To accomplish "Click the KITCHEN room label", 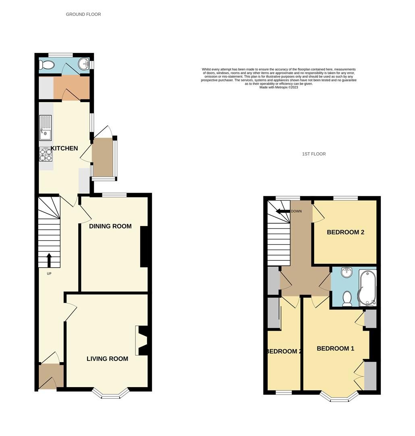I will point(64,148).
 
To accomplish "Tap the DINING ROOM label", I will point(110,226).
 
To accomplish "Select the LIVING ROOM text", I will point(107,358).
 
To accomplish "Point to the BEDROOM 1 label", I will point(335,348).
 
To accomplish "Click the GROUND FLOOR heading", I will point(83,14).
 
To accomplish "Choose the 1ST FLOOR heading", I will point(314,154).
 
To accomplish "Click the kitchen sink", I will point(45,127).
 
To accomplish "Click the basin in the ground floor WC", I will point(84,63).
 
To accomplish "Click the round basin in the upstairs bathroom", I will point(346,273).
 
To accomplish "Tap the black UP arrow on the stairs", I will point(49,260).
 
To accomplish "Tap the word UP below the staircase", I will point(49,274).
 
